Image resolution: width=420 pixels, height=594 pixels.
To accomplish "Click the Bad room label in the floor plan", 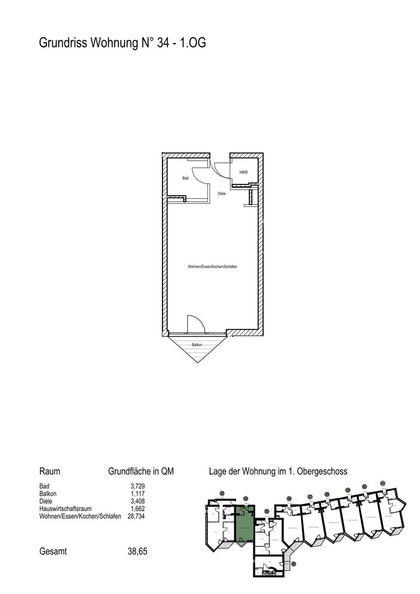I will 185,178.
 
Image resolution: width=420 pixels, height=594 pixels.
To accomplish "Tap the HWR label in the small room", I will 243,172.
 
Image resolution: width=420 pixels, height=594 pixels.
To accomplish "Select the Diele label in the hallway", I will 222,193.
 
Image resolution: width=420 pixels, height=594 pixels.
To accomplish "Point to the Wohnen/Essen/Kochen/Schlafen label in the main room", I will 212,267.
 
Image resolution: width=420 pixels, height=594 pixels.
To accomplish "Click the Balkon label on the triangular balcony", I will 197,345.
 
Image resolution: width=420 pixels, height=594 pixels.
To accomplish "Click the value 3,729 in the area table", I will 137,487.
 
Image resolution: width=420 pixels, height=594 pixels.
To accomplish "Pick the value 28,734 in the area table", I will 136,516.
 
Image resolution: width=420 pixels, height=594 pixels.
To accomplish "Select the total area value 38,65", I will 138,551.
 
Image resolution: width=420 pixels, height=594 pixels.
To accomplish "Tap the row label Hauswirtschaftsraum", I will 65,509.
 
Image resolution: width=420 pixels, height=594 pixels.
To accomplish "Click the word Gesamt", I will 53,551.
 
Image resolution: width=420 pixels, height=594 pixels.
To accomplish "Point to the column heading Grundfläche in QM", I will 141,471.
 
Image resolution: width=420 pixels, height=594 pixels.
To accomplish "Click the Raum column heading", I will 50,471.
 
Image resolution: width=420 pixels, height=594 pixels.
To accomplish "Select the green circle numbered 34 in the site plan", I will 245,498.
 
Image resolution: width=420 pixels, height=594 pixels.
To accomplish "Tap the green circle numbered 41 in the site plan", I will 383,483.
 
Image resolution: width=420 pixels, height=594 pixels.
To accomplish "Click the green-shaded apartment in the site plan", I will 244,528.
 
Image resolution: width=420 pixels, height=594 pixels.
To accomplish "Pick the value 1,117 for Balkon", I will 137,494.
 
